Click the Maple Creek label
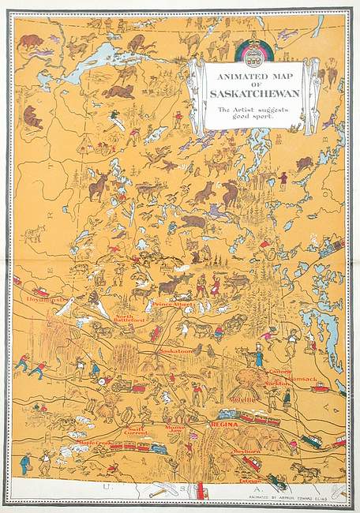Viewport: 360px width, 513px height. click(94, 443)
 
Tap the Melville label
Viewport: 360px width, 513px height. click(242, 399)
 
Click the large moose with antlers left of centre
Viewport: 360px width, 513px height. click(99, 185)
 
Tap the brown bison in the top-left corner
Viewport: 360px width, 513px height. click(32, 41)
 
